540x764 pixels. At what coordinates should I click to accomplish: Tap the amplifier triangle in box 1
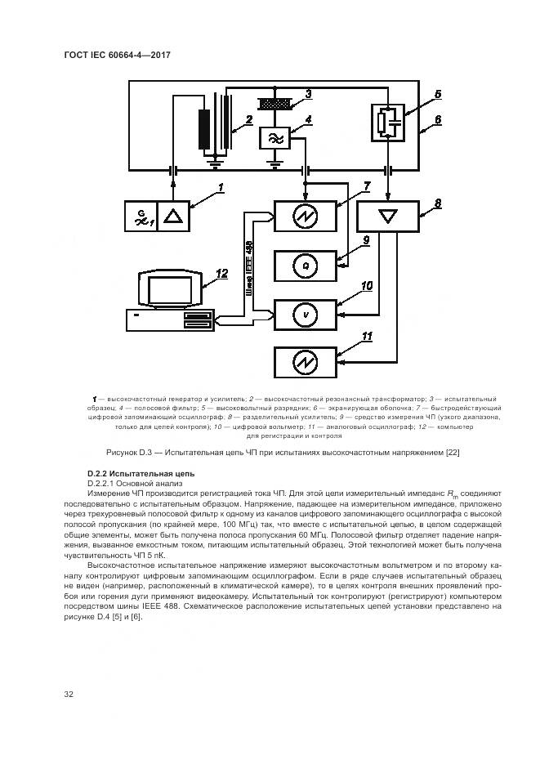click(x=173, y=217)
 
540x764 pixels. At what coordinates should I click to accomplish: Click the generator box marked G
click(x=141, y=217)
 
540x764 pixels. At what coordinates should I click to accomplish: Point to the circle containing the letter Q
click(x=305, y=266)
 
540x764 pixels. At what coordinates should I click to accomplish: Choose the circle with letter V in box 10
click(x=305, y=313)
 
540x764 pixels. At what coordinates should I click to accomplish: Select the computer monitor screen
click(x=164, y=290)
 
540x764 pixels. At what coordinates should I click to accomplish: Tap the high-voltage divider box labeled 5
click(x=388, y=122)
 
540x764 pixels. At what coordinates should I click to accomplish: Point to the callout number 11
click(x=367, y=337)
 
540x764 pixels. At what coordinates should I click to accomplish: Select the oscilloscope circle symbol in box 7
click(x=305, y=217)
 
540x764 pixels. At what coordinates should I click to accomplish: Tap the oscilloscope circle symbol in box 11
click(x=305, y=361)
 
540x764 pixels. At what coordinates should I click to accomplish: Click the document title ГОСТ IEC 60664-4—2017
click(x=122, y=55)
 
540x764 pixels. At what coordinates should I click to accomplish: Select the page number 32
click(x=69, y=695)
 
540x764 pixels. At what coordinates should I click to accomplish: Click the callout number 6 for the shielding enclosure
click(x=438, y=118)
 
